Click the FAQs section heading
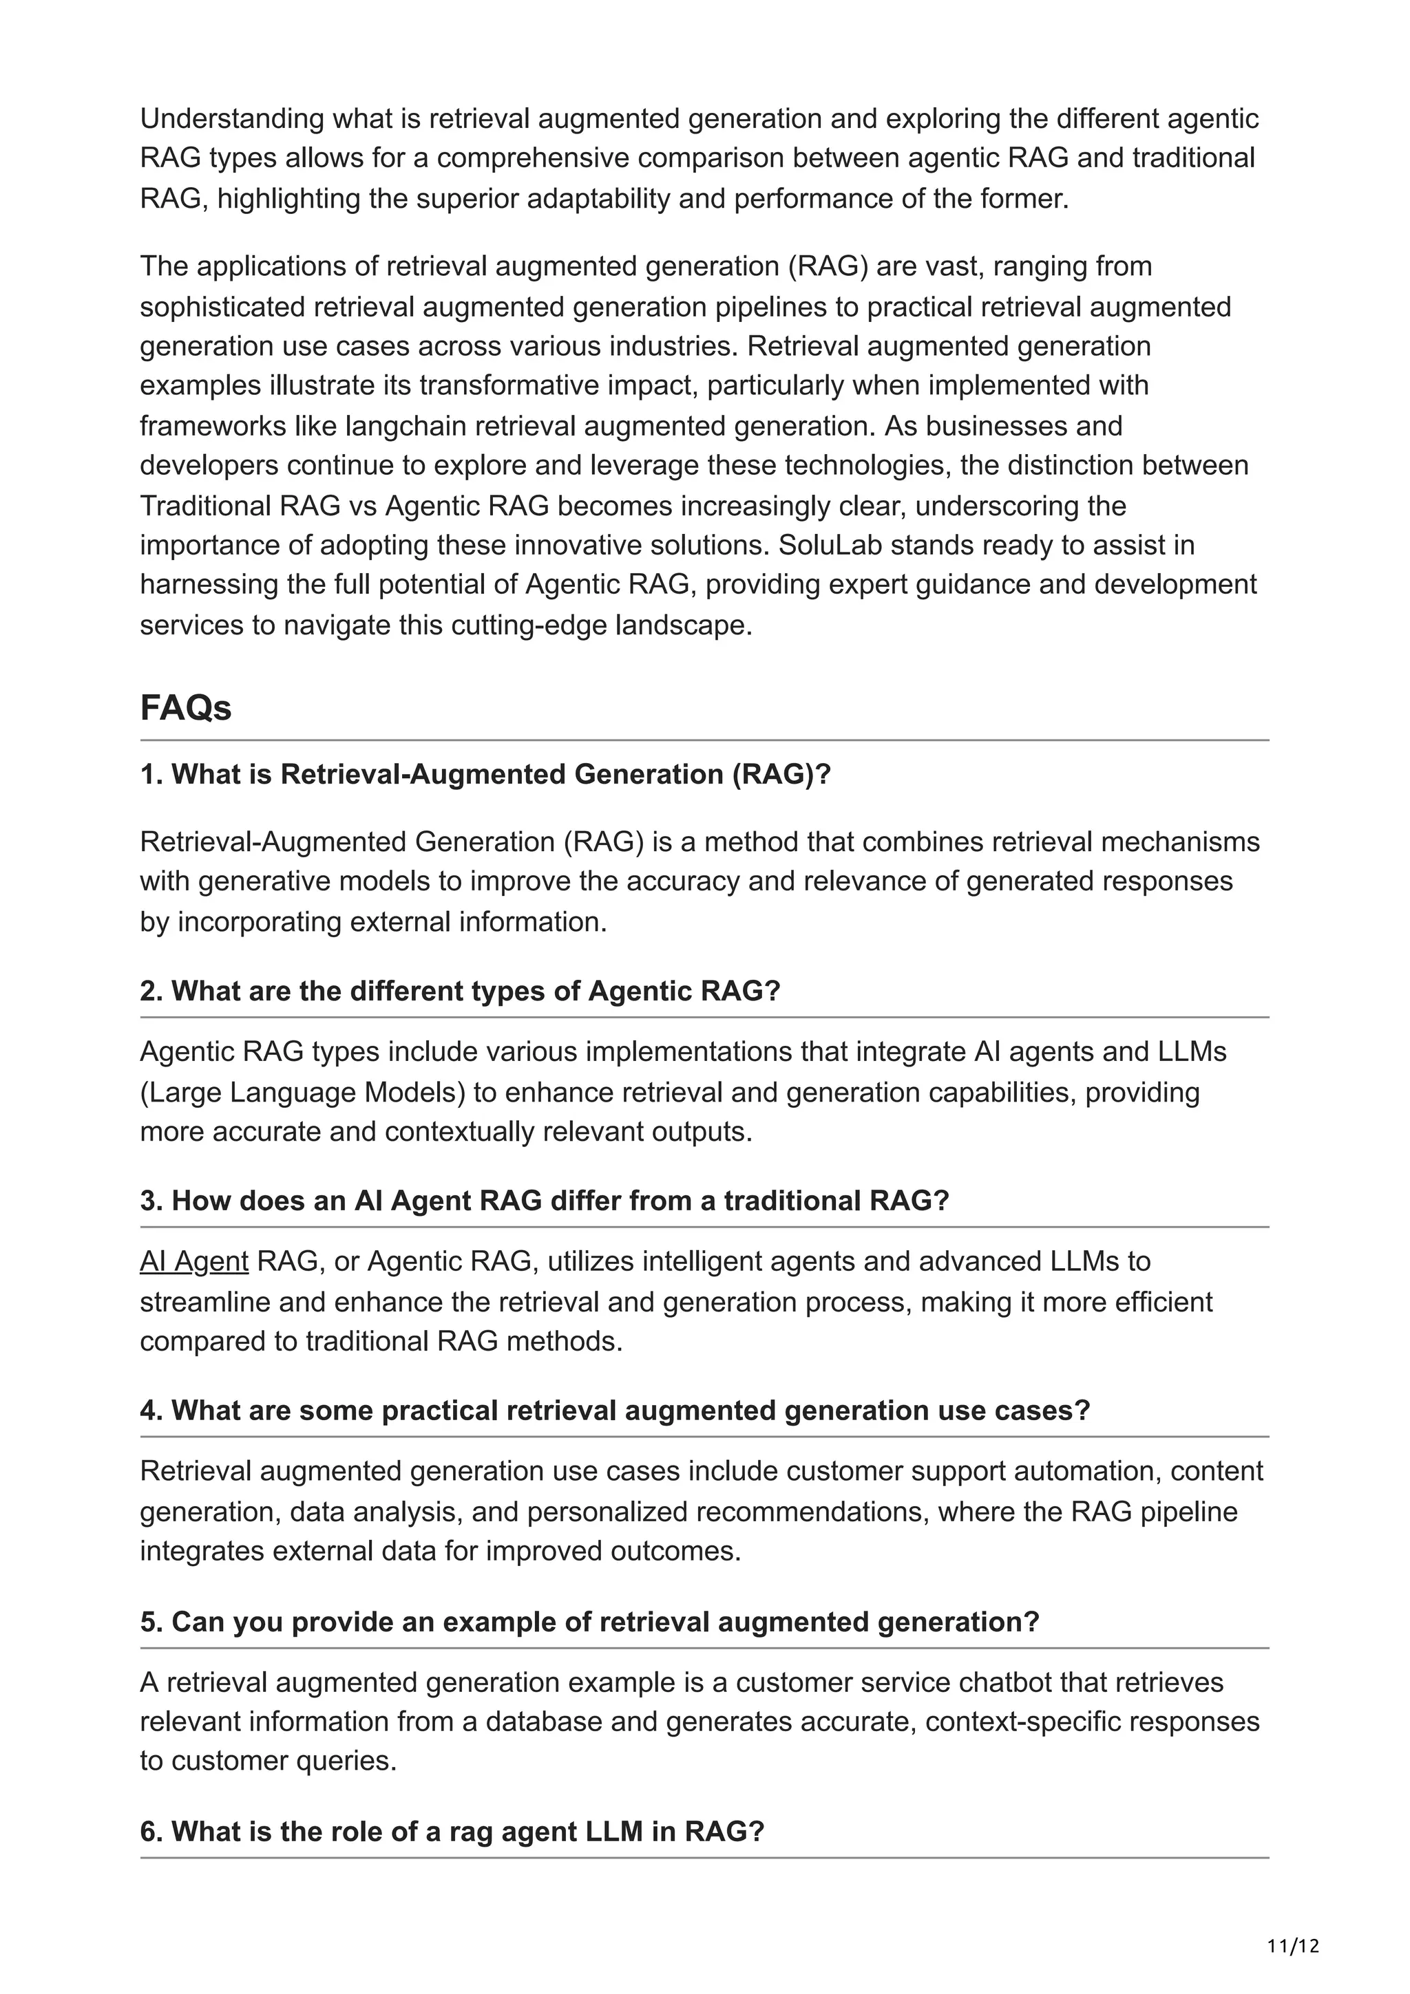coord(186,708)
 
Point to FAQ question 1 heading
coord(485,774)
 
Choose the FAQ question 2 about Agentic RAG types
coord(460,991)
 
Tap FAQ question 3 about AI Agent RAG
coord(544,1200)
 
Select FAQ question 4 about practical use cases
coord(614,1411)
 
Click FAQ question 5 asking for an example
coord(589,1622)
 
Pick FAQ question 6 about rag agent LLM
coord(452,1832)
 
